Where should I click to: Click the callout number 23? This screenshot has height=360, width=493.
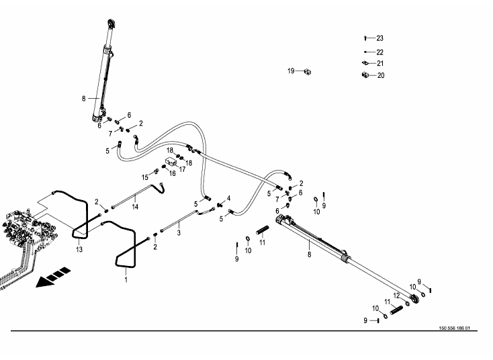pyautogui.click(x=379, y=38)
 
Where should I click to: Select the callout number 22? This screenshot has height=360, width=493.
pyautogui.click(x=379, y=52)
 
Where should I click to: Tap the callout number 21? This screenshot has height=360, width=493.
pyautogui.click(x=379, y=64)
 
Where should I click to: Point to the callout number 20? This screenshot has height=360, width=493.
pyautogui.click(x=380, y=76)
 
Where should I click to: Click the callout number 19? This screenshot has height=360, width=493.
pyautogui.click(x=291, y=71)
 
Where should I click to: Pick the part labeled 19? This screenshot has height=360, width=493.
pyautogui.click(x=306, y=71)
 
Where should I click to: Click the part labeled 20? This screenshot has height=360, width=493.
pyautogui.click(x=365, y=75)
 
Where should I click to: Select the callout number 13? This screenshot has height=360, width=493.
pyautogui.click(x=79, y=251)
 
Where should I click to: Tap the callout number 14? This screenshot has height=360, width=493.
pyautogui.click(x=135, y=207)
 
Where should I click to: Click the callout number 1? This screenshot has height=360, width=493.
pyautogui.click(x=125, y=280)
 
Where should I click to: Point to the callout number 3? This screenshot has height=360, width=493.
pyautogui.click(x=179, y=233)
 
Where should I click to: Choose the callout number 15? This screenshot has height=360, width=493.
pyautogui.click(x=144, y=177)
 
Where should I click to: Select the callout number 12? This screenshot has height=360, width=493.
pyautogui.click(x=396, y=296)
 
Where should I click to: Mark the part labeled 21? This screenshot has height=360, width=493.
pyautogui.click(x=365, y=64)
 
